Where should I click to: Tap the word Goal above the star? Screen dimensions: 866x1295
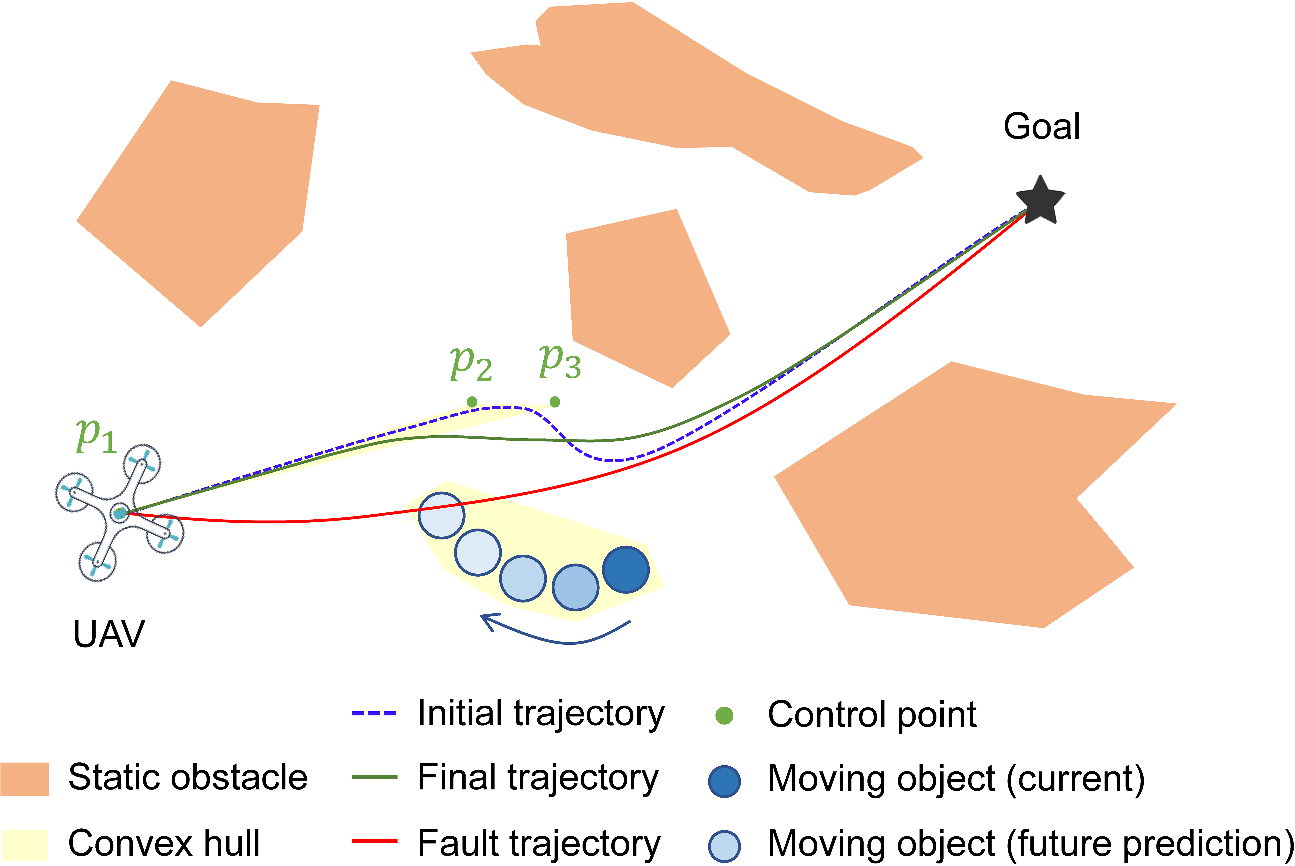(1041, 127)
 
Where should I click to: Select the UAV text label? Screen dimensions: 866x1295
(109, 634)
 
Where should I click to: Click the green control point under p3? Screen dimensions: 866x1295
(555, 402)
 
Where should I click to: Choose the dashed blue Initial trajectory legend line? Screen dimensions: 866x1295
(374, 714)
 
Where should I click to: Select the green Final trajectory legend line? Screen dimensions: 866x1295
(374, 777)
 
